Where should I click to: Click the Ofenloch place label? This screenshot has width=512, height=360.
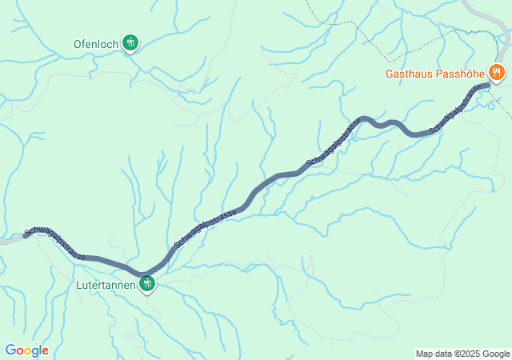point(95,43)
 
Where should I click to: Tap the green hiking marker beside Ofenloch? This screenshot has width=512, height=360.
point(130,42)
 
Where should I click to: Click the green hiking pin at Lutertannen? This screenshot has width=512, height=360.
point(147,282)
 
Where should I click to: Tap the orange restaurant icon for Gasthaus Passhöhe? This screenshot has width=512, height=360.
point(497,73)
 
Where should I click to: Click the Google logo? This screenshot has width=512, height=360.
point(26,350)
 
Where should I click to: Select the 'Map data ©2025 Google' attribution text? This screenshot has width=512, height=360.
point(462,354)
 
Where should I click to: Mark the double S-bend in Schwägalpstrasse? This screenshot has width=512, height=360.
point(392,125)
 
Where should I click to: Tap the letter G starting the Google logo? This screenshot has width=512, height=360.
point(10,350)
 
